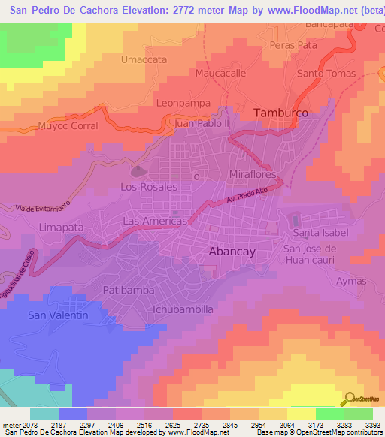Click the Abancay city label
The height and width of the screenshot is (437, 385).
coord(233,253)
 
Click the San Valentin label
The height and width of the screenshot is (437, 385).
coord(59,315)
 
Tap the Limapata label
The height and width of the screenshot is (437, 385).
coord(60,226)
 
